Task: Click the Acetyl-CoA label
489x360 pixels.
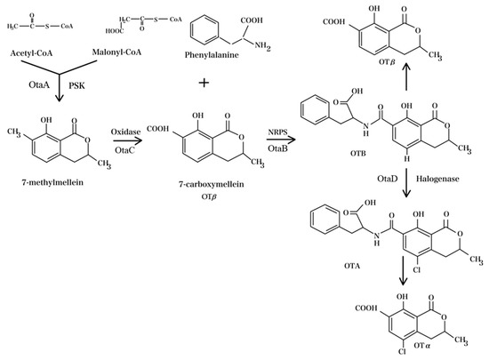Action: [x=30, y=54]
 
